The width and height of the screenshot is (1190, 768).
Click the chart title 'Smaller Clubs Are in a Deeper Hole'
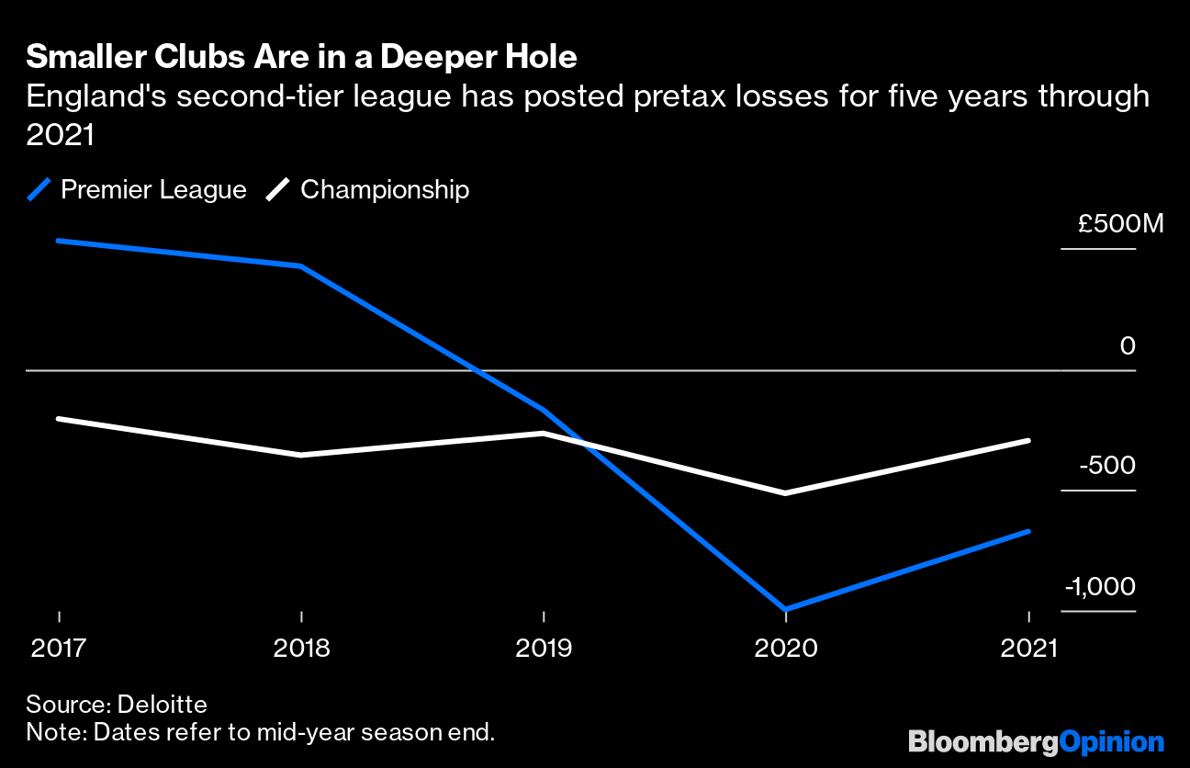[301, 58]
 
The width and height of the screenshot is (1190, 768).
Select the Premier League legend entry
[138, 190]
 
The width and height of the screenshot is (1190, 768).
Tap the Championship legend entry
[368, 190]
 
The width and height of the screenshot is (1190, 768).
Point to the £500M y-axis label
[1120, 223]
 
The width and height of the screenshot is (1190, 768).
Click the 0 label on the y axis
[1128, 346]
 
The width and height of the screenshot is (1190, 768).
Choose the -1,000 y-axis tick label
[1100, 587]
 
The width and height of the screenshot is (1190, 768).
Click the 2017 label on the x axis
[59, 648]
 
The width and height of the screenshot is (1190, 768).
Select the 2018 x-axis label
[301, 648]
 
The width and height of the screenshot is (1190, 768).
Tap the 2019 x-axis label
[544, 648]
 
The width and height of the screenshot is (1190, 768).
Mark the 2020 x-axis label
[786, 648]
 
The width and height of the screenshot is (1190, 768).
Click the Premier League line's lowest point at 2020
[786, 609]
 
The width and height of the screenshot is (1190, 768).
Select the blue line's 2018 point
[301, 266]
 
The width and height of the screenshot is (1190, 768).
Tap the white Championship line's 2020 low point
[786, 493]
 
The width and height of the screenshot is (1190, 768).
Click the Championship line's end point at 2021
[1028, 441]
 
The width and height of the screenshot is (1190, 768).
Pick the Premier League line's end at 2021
[1028, 531]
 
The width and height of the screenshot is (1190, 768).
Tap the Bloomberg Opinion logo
[1036, 741]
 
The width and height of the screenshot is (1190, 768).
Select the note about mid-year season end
[260, 732]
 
